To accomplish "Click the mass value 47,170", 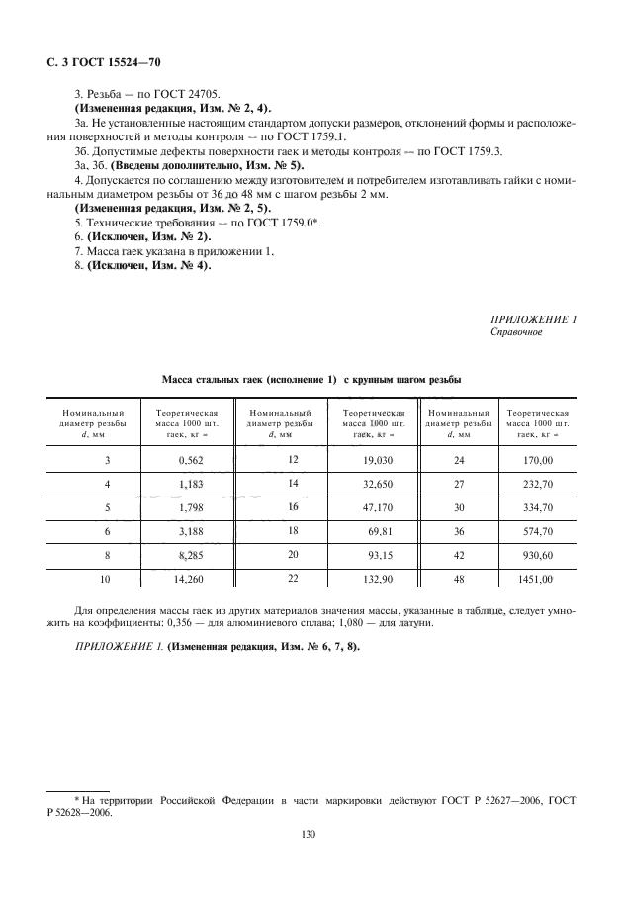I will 363,508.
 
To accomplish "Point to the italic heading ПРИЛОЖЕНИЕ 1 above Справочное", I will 534,319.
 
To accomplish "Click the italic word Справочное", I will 518,332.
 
